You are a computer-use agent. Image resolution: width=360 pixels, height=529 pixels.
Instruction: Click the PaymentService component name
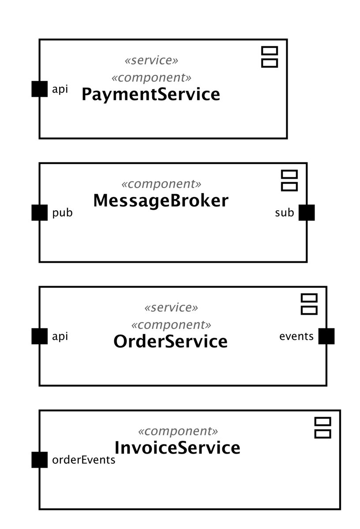click(x=151, y=94)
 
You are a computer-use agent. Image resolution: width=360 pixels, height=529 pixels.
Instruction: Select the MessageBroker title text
click(x=161, y=201)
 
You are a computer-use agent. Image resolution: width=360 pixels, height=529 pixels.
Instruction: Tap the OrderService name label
click(x=170, y=342)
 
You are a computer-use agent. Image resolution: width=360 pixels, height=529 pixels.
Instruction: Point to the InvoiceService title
click(x=177, y=448)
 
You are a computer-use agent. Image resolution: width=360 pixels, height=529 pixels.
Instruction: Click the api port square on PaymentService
click(x=39, y=89)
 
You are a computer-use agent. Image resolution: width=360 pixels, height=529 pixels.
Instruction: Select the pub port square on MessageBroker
click(x=39, y=212)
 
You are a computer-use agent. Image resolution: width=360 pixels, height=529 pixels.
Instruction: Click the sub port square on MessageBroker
click(x=307, y=212)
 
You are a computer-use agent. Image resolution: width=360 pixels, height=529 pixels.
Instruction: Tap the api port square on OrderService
click(x=39, y=336)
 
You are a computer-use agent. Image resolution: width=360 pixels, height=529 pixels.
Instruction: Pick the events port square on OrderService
click(x=326, y=336)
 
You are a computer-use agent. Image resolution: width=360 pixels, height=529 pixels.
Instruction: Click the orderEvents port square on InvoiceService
click(x=39, y=460)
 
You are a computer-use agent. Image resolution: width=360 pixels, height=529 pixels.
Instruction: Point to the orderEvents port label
click(x=84, y=460)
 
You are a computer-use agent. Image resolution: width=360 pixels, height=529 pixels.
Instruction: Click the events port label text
click(x=296, y=336)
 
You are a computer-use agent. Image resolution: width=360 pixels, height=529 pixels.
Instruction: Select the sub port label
click(x=285, y=213)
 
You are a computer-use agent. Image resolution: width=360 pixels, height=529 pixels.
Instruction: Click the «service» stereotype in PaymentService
click(x=151, y=60)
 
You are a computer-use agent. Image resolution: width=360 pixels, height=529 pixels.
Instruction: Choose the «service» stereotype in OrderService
click(x=171, y=308)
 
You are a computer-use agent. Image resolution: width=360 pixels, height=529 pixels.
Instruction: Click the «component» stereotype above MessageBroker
click(x=161, y=184)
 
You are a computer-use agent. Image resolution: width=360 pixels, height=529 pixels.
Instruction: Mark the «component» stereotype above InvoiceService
click(x=178, y=431)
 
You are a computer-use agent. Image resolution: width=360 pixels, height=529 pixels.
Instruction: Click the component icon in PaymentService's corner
click(x=270, y=57)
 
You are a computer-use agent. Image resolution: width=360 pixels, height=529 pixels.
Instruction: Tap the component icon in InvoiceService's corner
click(x=322, y=428)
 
